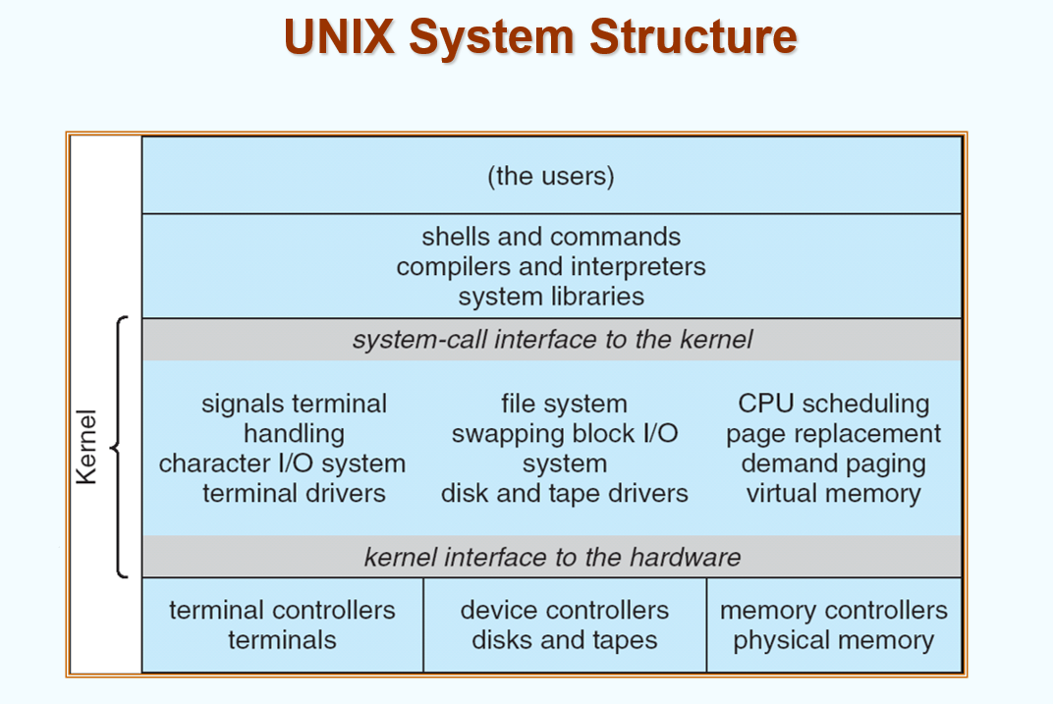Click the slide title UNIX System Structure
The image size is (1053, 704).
pos(540,37)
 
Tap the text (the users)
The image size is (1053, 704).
pos(551,176)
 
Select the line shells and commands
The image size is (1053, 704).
pos(551,237)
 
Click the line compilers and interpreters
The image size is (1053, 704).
pos(551,266)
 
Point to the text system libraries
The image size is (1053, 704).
pos(551,296)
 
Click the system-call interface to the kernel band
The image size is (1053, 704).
pos(552,340)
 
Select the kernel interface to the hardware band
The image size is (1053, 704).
pos(552,557)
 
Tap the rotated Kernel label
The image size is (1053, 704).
pos(87,447)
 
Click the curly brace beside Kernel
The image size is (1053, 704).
pos(117,447)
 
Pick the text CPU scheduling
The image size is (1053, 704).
pos(833,404)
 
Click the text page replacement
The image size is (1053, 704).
pos(833,433)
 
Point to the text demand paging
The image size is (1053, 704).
pos(833,463)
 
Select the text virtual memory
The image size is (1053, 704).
pos(833,493)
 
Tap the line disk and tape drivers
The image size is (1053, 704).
pos(564,493)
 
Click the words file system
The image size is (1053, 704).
pos(564,404)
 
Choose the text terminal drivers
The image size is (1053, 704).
pos(294,493)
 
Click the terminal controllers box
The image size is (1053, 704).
pos(283,624)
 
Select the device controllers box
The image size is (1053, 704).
pos(565,624)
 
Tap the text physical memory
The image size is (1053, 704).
pos(833,640)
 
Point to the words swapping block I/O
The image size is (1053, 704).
pos(564,433)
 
